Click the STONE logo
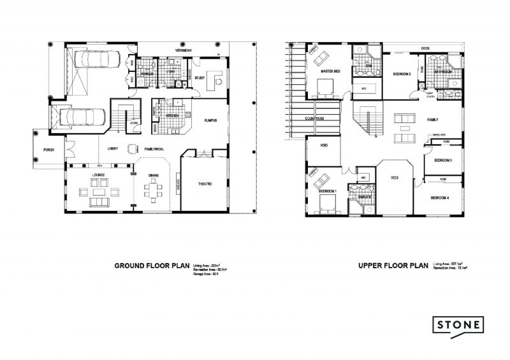pos(458,325)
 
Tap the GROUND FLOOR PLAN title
pos(152,265)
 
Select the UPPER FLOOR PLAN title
pos(393,265)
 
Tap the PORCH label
pos(48,150)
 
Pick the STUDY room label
pos(200,79)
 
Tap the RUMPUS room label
pos(210,119)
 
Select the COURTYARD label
pos(315,119)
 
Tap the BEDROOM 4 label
pos(441,198)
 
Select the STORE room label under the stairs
pos(135,123)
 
